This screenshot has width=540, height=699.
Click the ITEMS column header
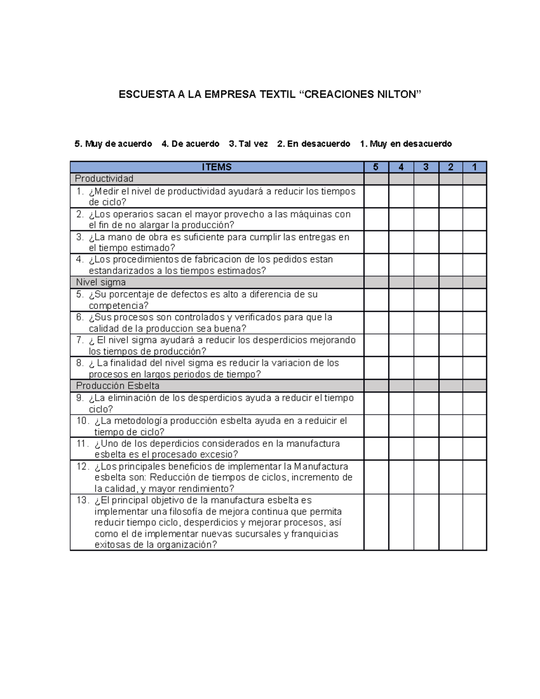click(216, 167)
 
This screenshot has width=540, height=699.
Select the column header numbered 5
click(376, 167)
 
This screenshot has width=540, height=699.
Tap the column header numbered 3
click(426, 167)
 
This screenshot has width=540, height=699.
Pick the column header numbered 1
click(474, 167)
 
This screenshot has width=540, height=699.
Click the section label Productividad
click(104, 179)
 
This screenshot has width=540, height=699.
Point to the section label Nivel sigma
click(101, 282)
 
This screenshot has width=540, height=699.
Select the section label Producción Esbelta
click(117, 386)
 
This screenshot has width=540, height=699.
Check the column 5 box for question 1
click(376, 197)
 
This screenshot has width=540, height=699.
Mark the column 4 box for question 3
click(401, 242)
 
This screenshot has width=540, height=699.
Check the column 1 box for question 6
click(474, 323)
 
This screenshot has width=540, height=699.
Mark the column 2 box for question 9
click(450, 403)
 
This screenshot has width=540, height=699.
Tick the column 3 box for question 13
click(426, 522)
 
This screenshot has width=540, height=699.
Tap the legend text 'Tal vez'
click(253, 144)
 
